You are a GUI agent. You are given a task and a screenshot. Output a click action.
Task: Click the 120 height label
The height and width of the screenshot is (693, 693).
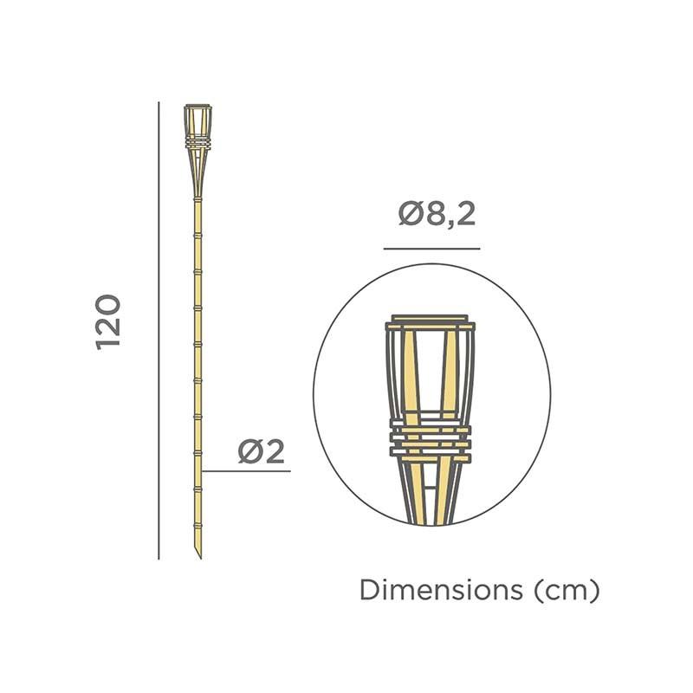pos(109,321)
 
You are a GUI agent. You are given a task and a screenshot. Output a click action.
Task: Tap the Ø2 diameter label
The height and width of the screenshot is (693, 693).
pos(262,451)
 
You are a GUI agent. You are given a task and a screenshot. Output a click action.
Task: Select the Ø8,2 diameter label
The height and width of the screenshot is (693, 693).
pos(437,214)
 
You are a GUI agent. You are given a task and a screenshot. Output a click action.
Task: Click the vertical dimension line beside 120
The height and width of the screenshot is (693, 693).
pos(159,329)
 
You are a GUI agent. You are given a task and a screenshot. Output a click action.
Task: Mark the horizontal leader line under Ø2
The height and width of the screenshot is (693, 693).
pos(246,471)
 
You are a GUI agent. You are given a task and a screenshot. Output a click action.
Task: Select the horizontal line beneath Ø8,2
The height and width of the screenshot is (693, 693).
pos(431,249)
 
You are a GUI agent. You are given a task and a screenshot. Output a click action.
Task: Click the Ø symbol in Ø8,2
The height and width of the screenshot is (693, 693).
pos(410,214)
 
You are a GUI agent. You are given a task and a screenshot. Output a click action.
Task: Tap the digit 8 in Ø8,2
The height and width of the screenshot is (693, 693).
pos(433,214)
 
